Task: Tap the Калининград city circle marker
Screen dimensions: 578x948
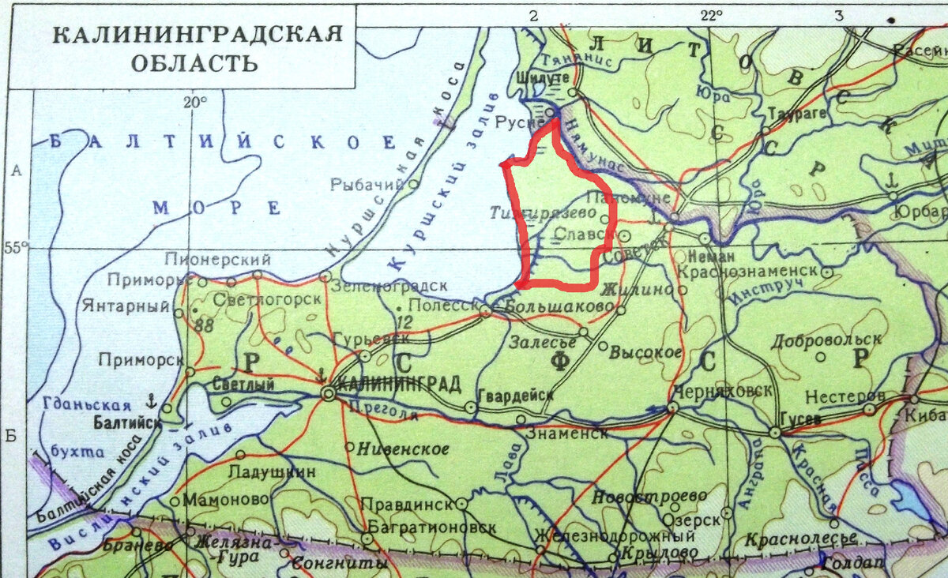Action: coord(328,395)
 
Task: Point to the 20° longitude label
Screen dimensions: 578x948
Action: coord(194,102)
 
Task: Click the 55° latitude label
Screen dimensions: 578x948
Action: coord(15,248)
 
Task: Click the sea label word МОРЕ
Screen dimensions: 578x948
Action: coord(216,208)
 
